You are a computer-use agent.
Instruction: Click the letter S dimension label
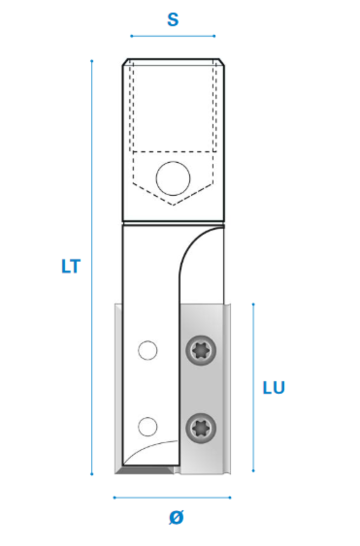(x=173, y=19)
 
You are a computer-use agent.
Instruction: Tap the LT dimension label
(x=71, y=267)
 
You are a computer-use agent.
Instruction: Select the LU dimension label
(x=274, y=388)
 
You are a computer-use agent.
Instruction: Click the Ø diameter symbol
(x=176, y=517)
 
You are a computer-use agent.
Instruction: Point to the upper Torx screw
(x=201, y=350)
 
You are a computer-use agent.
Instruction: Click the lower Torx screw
(x=201, y=428)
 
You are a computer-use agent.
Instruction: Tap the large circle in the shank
(x=173, y=178)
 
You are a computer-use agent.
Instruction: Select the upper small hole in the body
(x=148, y=350)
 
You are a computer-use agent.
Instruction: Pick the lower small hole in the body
(x=148, y=427)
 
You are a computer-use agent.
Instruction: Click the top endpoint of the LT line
(x=92, y=61)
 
